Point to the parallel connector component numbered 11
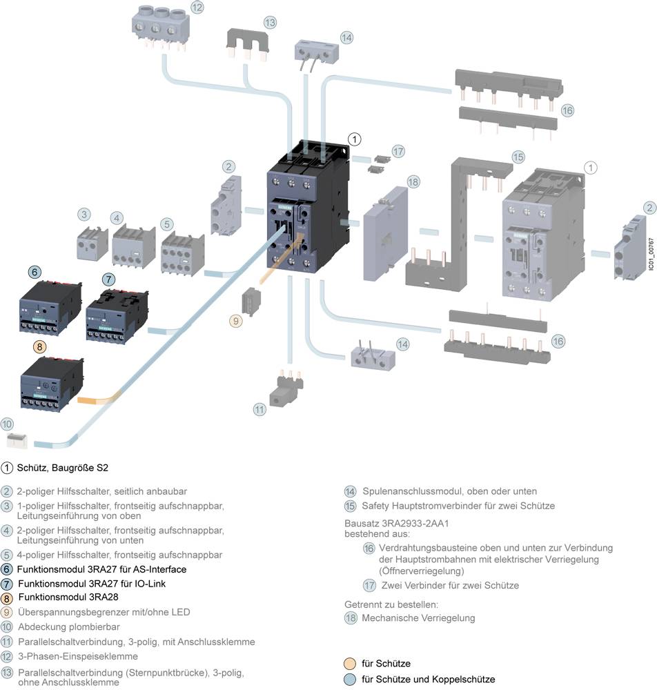pos(285,390)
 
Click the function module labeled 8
pos(52,385)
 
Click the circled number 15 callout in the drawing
pos(518,157)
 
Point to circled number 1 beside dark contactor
pos(353,139)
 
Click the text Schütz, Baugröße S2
pos(63,468)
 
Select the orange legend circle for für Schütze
pos(351,664)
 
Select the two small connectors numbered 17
pos(377,164)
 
